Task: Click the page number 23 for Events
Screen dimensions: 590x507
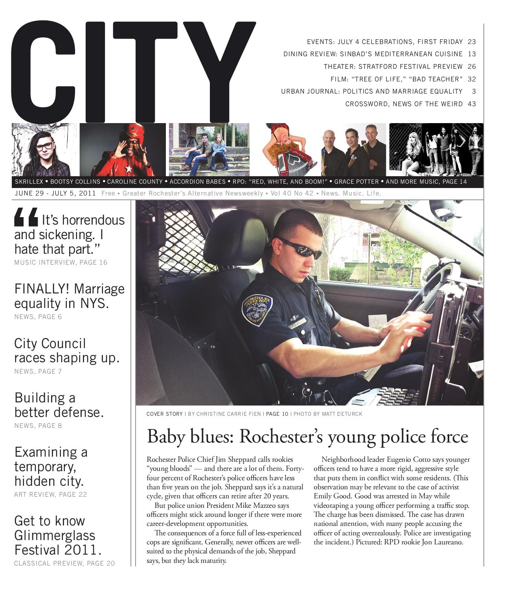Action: tap(472, 42)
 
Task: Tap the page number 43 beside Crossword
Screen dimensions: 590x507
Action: tap(472, 104)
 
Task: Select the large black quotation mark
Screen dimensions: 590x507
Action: tap(26, 218)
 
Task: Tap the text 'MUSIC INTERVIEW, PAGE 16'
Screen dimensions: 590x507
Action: tap(61, 262)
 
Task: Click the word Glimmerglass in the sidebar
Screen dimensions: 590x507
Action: tap(55, 535)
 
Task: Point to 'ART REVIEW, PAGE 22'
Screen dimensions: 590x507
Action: tap(50, 494)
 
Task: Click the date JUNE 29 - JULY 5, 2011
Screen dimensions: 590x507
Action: tap(55, 194)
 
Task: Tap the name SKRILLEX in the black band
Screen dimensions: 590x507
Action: tap(29, 182)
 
